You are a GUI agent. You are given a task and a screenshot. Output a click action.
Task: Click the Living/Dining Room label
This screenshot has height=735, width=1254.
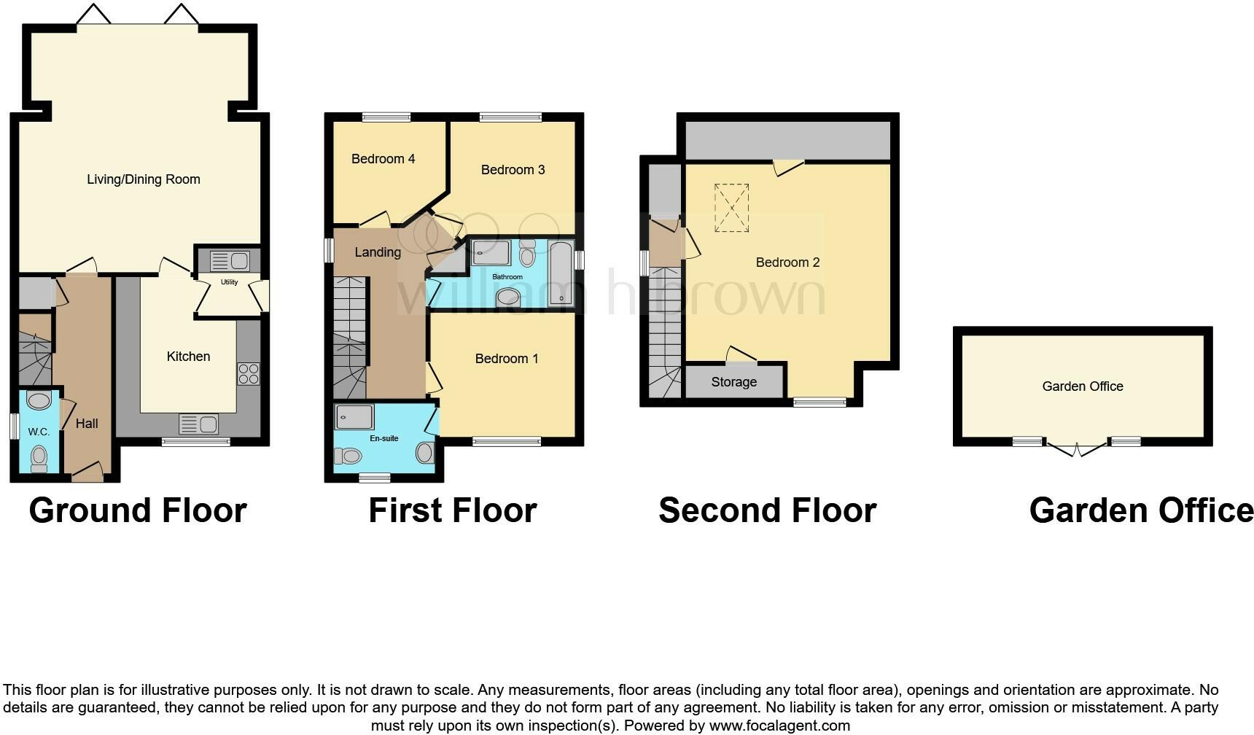click(x=143, y=179)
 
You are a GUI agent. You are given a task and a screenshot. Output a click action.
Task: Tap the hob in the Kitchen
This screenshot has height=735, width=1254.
click(x=248, y=374)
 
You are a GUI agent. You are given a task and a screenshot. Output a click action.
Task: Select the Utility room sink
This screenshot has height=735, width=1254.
click(x=230, y=260)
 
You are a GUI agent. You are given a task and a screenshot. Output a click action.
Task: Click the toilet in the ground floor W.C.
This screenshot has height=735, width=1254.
click(x=39, y=459)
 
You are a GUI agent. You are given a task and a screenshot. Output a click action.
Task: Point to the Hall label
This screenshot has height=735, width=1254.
click(x=87, y=424)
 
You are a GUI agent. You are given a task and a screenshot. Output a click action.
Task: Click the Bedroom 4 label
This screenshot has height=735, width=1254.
click(x=383, y=159)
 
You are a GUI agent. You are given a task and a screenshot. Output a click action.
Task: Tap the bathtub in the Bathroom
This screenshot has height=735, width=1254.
click(x=561, y=273)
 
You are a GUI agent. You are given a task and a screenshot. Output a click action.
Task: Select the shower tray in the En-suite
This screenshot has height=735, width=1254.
click(x=354, y=418)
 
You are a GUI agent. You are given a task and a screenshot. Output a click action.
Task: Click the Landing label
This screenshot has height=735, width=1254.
click(x=378, y=252)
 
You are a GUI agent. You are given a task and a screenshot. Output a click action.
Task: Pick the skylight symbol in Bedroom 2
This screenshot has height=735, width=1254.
click(x=731, y=208)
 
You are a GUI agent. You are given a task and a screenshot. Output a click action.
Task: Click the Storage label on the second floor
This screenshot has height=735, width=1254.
click(x=733, y=382)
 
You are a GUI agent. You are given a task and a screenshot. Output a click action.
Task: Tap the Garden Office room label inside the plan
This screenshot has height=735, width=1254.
click(x=1082, y=386)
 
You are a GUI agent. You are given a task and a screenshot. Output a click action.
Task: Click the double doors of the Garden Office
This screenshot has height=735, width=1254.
click(x=1076, y=449)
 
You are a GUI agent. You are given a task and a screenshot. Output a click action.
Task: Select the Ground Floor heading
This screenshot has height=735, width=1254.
click(x=138, y=510)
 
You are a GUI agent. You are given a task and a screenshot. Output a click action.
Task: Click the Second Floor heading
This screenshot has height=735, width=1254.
click(x=767, y=510)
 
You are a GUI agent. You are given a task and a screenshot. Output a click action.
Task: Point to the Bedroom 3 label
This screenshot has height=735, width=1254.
click(x=513, y=170)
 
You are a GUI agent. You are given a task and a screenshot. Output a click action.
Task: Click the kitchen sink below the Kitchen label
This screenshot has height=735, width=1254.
click(x=198, y=424)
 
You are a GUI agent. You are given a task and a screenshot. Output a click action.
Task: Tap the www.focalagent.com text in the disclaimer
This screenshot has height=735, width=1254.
click(x=779, y=726)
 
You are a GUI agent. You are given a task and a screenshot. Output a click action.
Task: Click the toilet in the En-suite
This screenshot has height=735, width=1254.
click(x=348, y=456)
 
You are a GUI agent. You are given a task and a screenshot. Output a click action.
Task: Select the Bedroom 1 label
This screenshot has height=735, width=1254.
click(x=506, y=359)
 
